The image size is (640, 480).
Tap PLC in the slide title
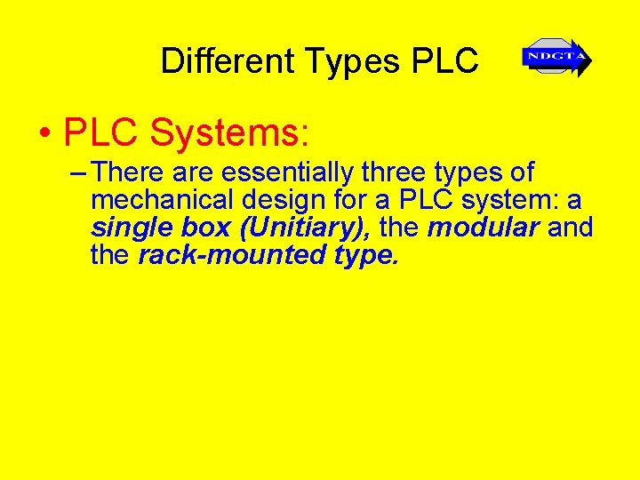coord(445,60)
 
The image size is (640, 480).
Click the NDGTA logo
coord(556,59)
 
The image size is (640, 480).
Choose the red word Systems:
coord(229,133)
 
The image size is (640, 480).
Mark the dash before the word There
coord(76,172)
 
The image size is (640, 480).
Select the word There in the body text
coord(128,172)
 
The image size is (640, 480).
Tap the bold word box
coord(207,228)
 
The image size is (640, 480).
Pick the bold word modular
coord(483,228)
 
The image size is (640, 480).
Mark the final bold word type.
coord(364,256)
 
